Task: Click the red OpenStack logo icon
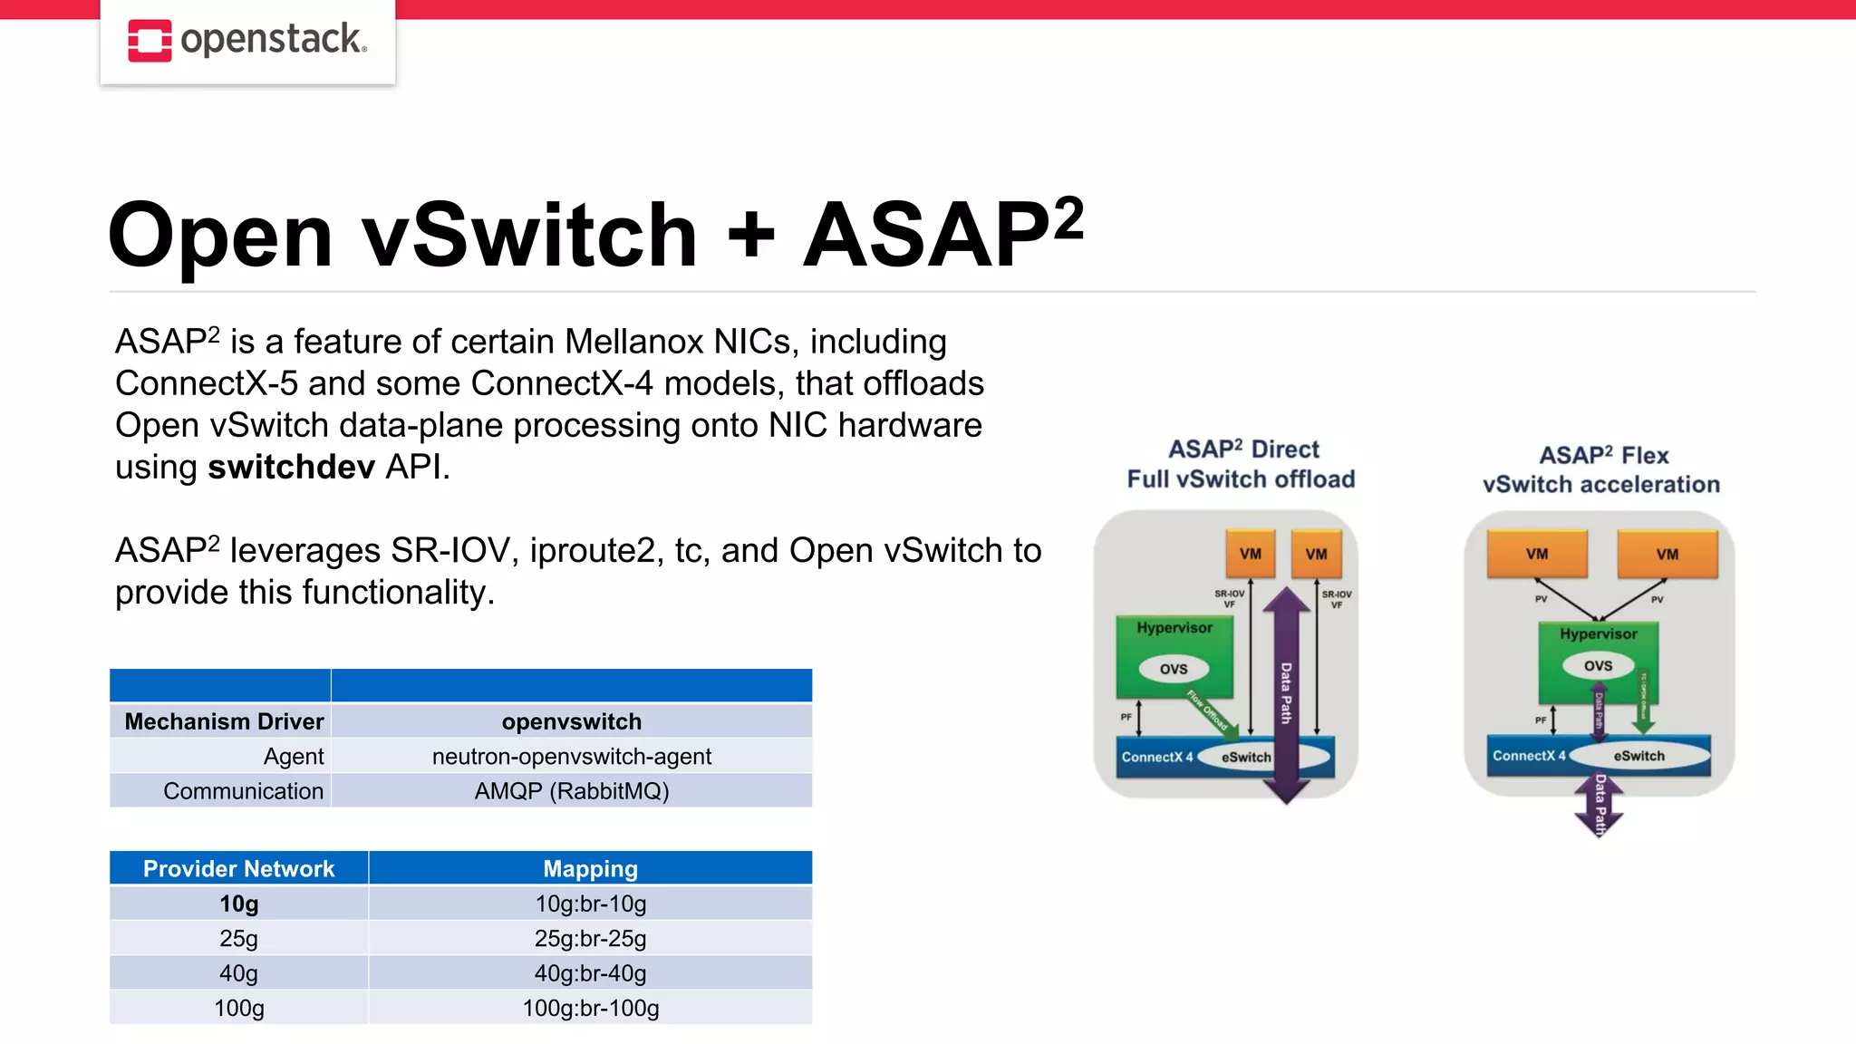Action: point(150,41)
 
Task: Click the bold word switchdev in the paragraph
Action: point(291,468)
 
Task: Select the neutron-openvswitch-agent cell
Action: point(571,756)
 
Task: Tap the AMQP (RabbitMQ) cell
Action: point(571,791)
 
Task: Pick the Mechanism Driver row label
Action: point(224,721)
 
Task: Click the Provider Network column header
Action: point(238,868)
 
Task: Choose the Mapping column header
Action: point(590,868)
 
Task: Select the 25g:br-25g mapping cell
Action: point(590,938)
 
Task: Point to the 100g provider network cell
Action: point(238,1008)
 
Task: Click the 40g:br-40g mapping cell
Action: point(590,973)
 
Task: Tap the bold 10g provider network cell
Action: point(238,904)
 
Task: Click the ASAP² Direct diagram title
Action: point(1242,449)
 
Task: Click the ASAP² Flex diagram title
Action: point(1603,456)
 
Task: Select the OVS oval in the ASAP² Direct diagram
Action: point(1174,669)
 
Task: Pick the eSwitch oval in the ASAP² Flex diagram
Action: point(1638,756)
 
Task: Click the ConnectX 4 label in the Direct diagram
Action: point(1157,757)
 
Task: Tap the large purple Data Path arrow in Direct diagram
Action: point(1286,693)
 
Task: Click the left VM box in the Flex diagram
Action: point(1537,554)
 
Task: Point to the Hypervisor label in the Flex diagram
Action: point(1598,634)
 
